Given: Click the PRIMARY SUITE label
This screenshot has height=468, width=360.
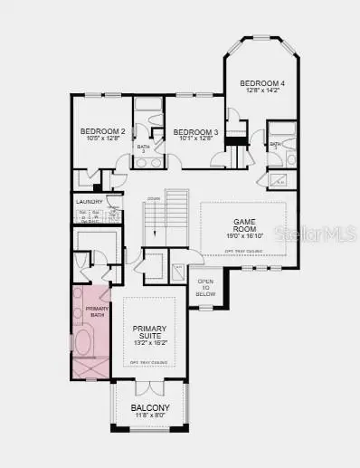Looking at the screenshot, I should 150,333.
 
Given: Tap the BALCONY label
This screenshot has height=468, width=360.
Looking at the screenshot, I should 150,408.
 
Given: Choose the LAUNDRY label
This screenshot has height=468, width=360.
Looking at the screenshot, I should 87,203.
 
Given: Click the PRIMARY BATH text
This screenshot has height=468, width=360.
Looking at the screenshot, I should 97,311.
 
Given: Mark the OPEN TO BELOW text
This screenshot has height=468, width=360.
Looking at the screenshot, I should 206,288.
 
